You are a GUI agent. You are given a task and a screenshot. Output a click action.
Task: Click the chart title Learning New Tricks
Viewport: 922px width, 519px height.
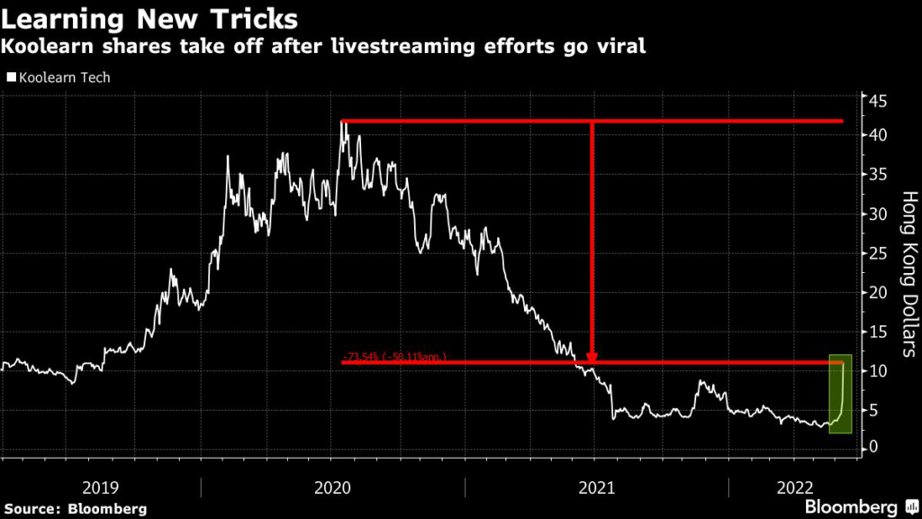point(150,18)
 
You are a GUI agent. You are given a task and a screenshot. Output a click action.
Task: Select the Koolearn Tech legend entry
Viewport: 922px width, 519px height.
point(59,77)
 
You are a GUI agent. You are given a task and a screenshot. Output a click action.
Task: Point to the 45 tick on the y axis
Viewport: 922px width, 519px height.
point(878,101)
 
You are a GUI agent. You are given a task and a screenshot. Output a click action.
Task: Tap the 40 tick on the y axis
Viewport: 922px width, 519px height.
point(878,135)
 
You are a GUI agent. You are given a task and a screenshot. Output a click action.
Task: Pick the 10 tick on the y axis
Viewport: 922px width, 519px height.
point(878,371)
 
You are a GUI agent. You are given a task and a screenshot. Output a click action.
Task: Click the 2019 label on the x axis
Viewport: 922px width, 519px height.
point(101,487)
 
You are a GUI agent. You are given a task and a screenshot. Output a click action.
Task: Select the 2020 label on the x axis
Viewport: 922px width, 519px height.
point(332,487)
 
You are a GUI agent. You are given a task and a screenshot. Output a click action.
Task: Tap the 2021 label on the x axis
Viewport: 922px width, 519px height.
point(595,487)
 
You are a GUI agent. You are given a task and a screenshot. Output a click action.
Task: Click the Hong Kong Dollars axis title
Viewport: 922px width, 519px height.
point(908,270)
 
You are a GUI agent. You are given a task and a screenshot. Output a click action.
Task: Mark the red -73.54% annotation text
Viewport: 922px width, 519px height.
point(394,357)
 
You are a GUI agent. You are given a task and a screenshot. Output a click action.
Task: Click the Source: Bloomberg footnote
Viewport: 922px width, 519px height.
point(74,508)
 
